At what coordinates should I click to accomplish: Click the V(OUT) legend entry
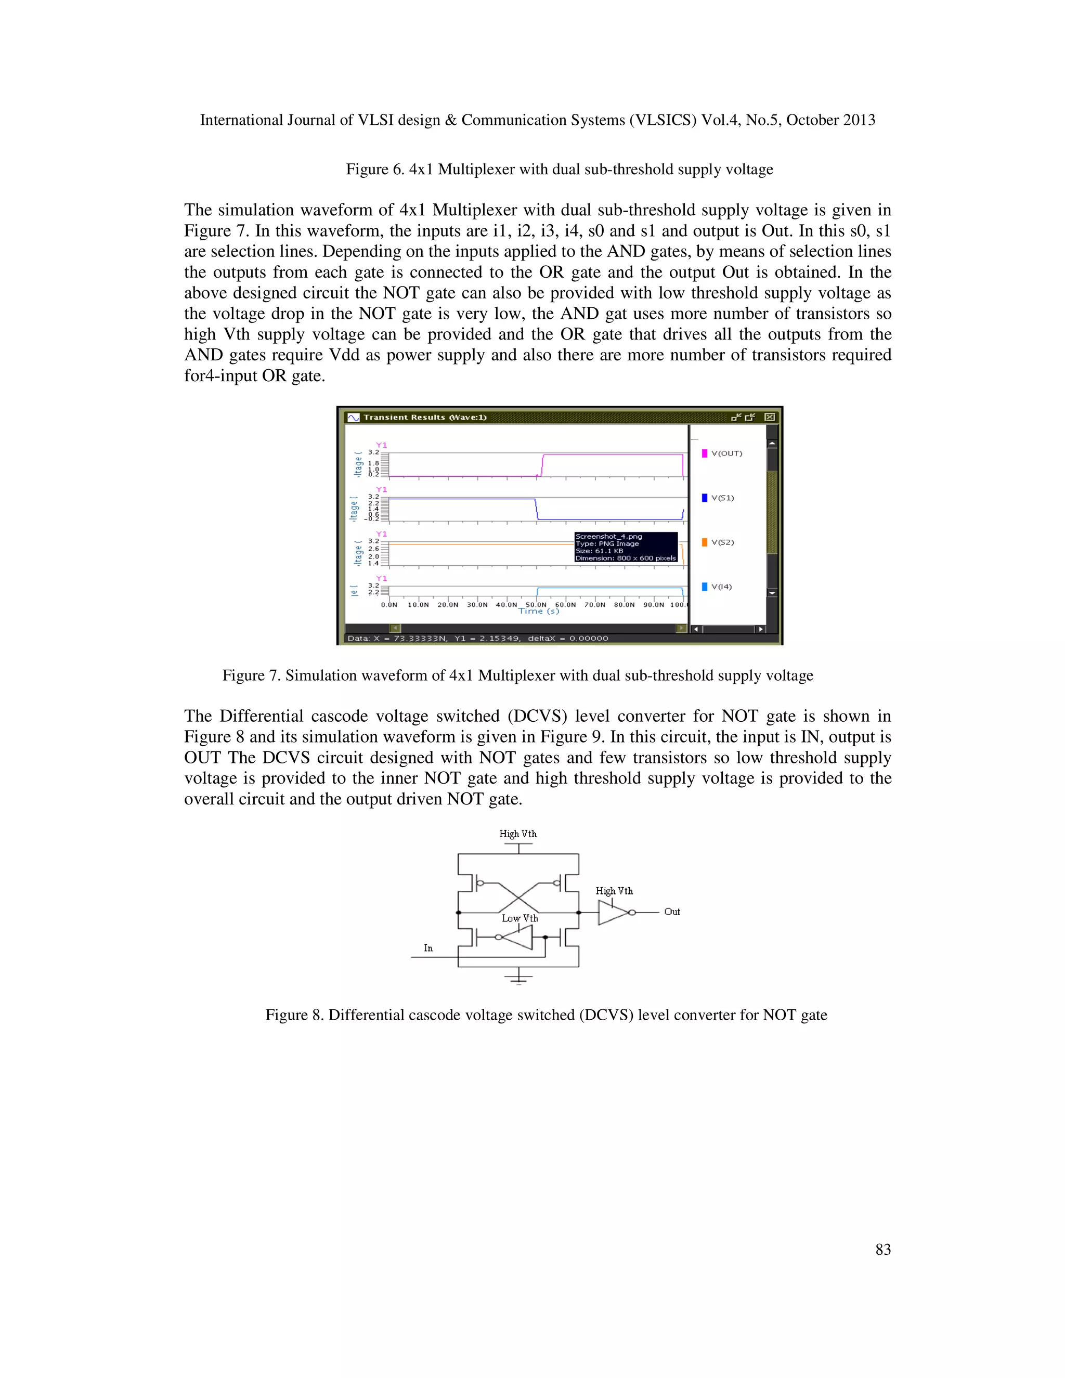(x=725, y=453)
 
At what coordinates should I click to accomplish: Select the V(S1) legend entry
(x=722, y=498)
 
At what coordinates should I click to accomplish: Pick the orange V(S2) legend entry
(x=722, y=542)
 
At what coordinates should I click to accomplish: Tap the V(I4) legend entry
(x=721, y=587)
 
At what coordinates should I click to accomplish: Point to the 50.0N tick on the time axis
(x=537, y=604)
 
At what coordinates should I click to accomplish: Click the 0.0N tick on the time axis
(x=389, y=604)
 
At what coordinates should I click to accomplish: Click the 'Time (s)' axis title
(x=538, y=612)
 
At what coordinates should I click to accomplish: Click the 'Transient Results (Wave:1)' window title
(x=425, y=417)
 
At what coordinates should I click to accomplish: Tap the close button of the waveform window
(x=769, y=417)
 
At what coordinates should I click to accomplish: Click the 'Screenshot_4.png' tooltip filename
(x=608, y=536)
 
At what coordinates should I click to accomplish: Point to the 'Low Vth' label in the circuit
(x=520, y=918)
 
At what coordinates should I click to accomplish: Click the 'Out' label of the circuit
(x=672, y=912)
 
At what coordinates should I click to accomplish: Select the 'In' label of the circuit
(x=428, y=947)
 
